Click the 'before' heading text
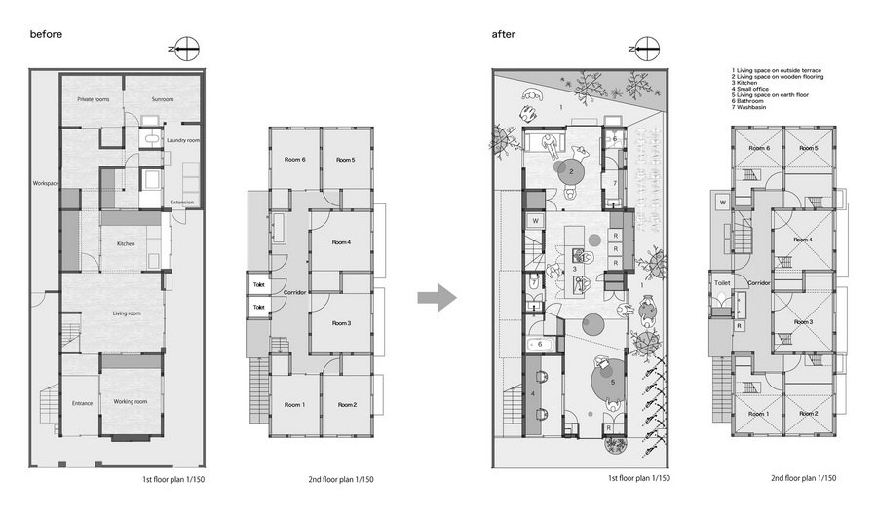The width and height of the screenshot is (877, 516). click(x=46, y=33)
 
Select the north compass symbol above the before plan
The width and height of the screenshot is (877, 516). click(x=184, y=46)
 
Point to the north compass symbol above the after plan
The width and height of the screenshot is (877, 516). click(x=644, y=46)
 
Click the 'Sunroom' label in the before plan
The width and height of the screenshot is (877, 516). click(x=163, y=99)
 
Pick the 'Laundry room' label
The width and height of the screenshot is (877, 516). click(x=182, y=141)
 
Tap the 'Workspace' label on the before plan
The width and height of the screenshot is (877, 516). click(x=46, y=184)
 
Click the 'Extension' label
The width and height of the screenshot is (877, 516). click(x=182, y=203)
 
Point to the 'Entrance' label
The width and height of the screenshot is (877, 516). click(x=82, y=402)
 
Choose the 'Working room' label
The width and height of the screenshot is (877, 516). click(x=130, y=401)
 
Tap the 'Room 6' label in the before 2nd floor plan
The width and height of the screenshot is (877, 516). click(x=296, y=160)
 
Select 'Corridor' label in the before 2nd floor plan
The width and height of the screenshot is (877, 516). click(x=296, y=292)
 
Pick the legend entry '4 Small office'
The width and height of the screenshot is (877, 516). click(x=754, y=88)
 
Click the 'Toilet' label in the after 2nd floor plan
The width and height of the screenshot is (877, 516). click(x=722, y=283)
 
